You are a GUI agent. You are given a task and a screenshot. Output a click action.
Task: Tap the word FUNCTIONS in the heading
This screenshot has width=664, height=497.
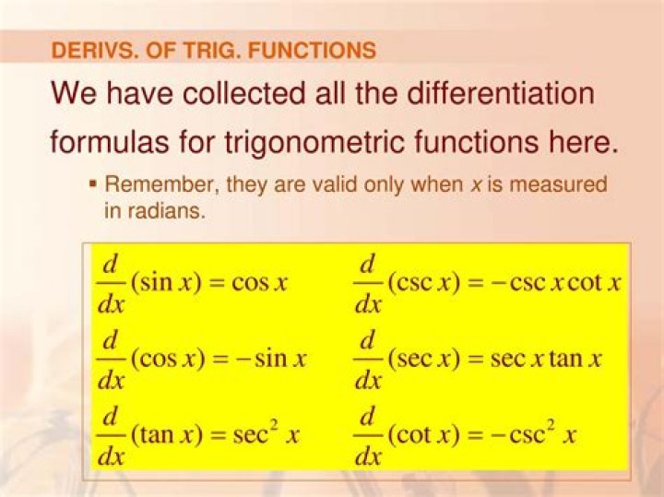[312, 51]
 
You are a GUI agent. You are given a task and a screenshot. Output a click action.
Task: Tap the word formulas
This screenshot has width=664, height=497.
[109, 142]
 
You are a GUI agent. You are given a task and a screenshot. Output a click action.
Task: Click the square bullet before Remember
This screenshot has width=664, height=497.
[93, 184]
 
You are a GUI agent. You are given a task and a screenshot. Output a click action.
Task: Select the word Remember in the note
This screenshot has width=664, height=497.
[161, 185]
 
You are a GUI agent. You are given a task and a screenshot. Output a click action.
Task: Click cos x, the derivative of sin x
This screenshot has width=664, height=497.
[259, 282]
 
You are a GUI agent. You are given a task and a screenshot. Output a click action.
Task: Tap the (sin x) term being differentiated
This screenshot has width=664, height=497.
[166, 282]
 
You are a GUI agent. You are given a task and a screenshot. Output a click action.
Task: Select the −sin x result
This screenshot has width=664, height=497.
[271, 359]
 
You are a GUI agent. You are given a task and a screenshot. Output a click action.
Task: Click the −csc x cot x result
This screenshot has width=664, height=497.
[555, 282]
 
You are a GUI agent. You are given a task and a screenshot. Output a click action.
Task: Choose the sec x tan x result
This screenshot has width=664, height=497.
[546, 359]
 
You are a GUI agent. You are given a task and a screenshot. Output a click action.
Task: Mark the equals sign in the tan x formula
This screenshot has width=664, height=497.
[218, 435]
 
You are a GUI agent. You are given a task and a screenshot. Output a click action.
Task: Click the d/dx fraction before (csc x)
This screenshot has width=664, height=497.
[368, 282]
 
